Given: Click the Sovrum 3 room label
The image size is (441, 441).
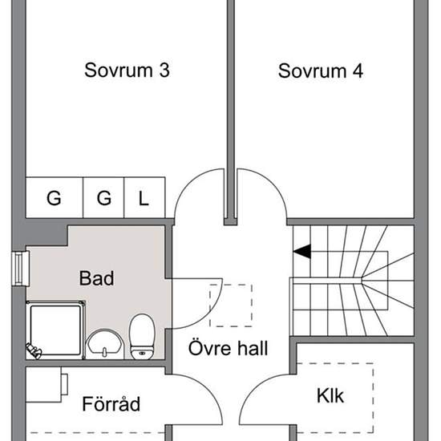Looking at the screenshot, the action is [127, 70].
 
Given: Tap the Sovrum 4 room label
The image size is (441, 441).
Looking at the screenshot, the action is [321, 71].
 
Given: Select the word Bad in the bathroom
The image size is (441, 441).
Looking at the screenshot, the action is [97, 278].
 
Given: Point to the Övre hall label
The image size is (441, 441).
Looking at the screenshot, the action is [228, 348].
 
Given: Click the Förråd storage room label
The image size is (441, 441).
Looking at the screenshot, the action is [111, 404].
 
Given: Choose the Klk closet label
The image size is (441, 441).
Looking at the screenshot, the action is [330, 396].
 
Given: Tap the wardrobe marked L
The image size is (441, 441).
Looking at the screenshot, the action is [144, 197].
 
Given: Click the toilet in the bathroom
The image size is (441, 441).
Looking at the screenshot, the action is [142, 337].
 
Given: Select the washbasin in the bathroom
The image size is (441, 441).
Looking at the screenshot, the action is [105, 344].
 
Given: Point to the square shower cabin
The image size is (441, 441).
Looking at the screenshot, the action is [55, 330].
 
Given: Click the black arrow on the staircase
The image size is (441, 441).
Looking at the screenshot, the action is [302, 251].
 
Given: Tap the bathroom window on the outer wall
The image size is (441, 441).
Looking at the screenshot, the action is [21, 269].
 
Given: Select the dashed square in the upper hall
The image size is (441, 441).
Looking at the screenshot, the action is [231, 305].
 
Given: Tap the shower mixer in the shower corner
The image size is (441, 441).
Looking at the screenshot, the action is [34, 351].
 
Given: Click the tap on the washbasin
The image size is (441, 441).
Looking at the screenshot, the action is [104, 352].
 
